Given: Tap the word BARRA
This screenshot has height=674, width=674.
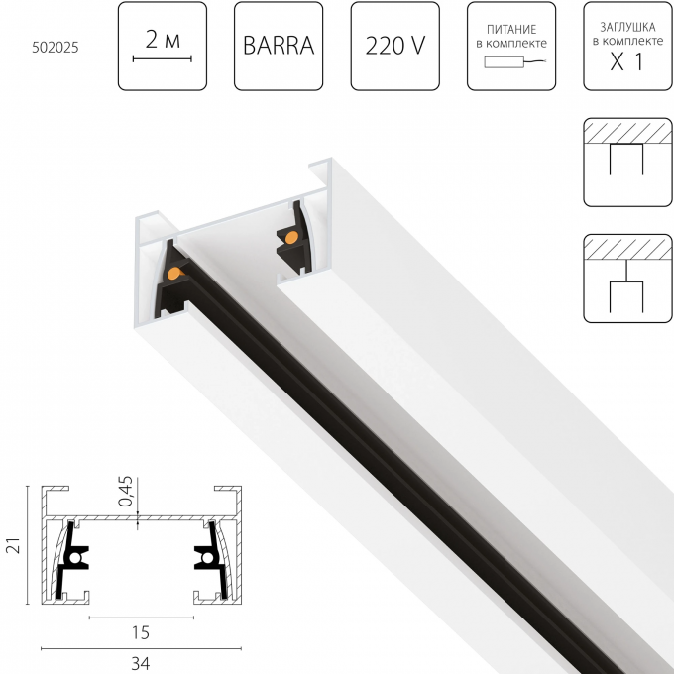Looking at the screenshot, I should [279, 46].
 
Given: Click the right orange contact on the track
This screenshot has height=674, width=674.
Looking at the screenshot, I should [291, 238].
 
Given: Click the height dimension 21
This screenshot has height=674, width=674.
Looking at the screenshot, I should [11, 546].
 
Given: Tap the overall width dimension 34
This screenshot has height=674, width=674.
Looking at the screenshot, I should [140, 661].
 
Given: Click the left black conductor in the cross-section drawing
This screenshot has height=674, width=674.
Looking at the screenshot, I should [73, 561].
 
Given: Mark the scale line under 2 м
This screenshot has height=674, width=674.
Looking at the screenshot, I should [162, 59].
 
